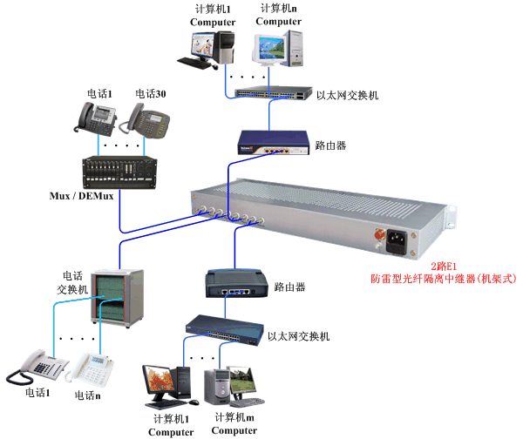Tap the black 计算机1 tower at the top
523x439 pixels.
[x=226, y=45]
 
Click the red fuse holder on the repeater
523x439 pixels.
[x=380, y=234]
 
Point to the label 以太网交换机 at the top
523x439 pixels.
[x=347, y=95]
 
